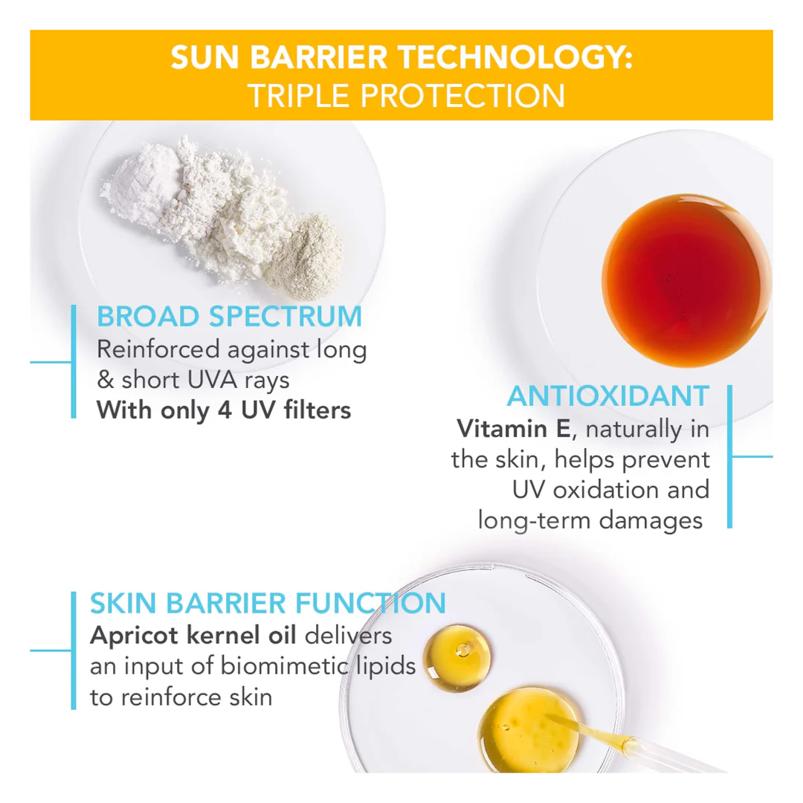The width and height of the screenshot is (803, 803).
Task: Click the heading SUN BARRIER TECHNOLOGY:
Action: [x=401, y=58]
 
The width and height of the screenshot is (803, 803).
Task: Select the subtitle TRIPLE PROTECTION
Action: [x=406, y=97]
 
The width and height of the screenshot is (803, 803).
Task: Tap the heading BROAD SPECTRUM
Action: [x=229, y=317]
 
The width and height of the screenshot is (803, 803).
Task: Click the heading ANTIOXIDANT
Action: [x=608, y=396]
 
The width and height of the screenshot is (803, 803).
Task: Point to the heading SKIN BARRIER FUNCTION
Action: [x=268, y=603]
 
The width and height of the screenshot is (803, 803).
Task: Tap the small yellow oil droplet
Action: [x=457, y=657]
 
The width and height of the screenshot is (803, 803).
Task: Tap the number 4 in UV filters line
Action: [x=226, y=410]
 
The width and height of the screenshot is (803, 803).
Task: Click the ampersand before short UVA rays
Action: [x=106, y=380]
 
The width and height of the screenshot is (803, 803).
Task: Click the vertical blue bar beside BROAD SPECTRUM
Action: [x=74, y=361]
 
